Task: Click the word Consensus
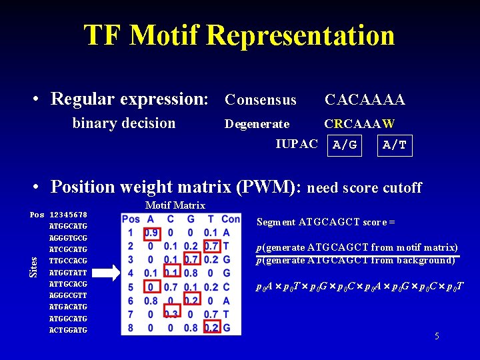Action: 260,100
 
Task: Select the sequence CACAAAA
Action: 364,100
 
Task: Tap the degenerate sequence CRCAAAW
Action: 359,124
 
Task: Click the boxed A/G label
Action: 345,145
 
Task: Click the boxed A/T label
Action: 395,145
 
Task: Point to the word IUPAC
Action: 297,144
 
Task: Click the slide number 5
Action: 437,336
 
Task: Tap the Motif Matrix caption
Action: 175,205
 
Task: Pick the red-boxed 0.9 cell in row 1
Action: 151,233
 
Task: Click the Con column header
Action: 231,219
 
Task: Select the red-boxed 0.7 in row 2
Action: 211,246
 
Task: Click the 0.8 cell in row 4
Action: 191,273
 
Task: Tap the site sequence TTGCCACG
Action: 69,261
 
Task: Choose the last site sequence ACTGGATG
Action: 69,330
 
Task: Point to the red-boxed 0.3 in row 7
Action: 171,314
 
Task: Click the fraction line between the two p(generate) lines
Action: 357,255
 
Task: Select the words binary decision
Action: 124,123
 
